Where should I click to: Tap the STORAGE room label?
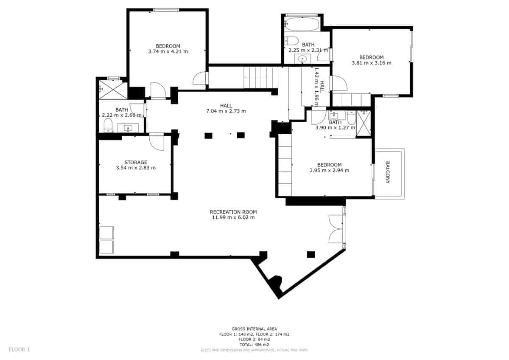pos(136,162)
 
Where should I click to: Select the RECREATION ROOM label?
pos(233,212)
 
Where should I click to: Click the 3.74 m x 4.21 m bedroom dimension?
pos(168,51)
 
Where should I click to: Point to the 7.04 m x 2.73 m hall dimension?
pos(226,111)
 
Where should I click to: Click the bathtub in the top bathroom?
pos(302,24)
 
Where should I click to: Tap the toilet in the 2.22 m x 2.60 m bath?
pos(108,125)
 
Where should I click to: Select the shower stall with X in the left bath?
pos(113,89)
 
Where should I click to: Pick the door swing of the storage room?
pos(157,142)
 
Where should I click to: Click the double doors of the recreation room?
pos(337,229)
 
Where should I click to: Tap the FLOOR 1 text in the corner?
pos(19,349)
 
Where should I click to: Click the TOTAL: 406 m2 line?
pos(254,345)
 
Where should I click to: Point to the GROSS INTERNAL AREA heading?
pos(254,329)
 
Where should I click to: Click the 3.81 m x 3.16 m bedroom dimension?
pos(371,63)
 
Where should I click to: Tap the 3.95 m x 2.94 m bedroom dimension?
pos(329,170)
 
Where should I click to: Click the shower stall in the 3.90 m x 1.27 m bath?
pos(363,123)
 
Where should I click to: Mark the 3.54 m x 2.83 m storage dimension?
pos(136,168)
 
